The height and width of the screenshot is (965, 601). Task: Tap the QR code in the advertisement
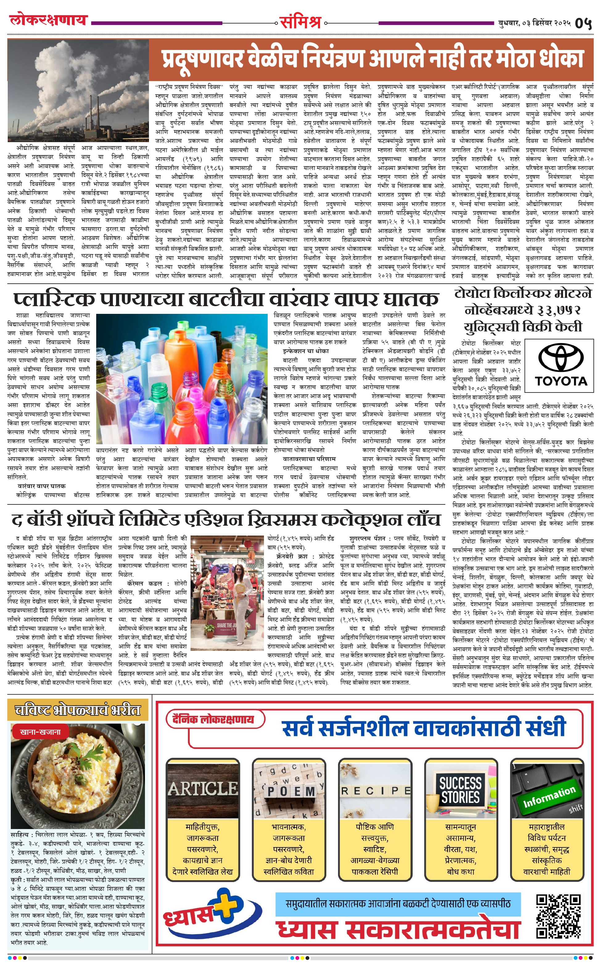(x=558, y=918)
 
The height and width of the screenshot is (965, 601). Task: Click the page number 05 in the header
(x=583, y=23)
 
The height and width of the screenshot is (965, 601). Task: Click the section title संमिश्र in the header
(x=300, y=22)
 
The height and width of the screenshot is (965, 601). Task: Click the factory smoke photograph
(x=78, y=91)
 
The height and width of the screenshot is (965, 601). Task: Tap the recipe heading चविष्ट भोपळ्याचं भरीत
(x=77, y=710)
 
